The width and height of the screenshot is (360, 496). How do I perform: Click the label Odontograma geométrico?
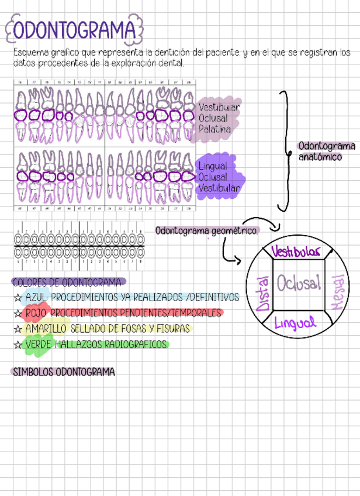pos(206,231)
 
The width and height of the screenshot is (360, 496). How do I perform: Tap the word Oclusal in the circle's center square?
pos(299,284)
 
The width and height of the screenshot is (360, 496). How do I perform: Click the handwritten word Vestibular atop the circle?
pos(296,252)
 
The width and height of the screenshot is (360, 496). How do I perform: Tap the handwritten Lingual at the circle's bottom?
pos(295,322)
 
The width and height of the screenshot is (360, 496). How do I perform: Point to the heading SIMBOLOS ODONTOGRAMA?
pos(63,372)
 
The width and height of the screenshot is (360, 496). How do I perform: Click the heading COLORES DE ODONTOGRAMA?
pos(68,281)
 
